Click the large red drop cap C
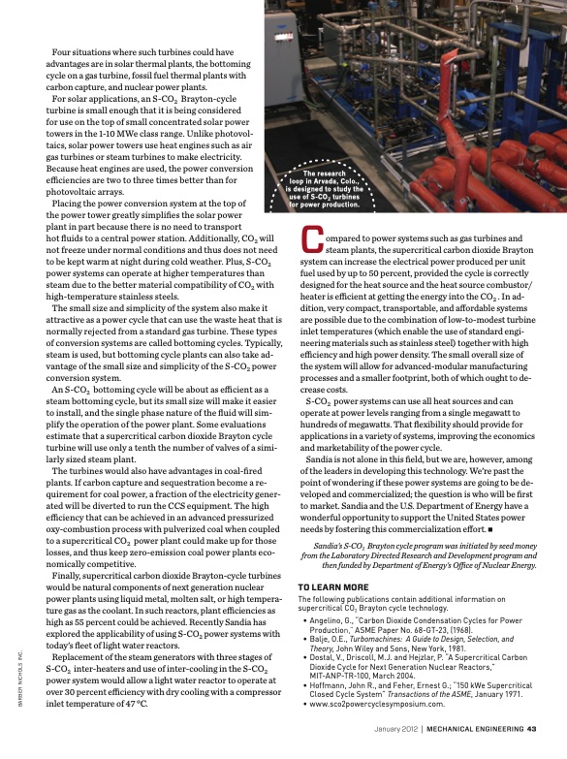[x=312, y=241]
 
